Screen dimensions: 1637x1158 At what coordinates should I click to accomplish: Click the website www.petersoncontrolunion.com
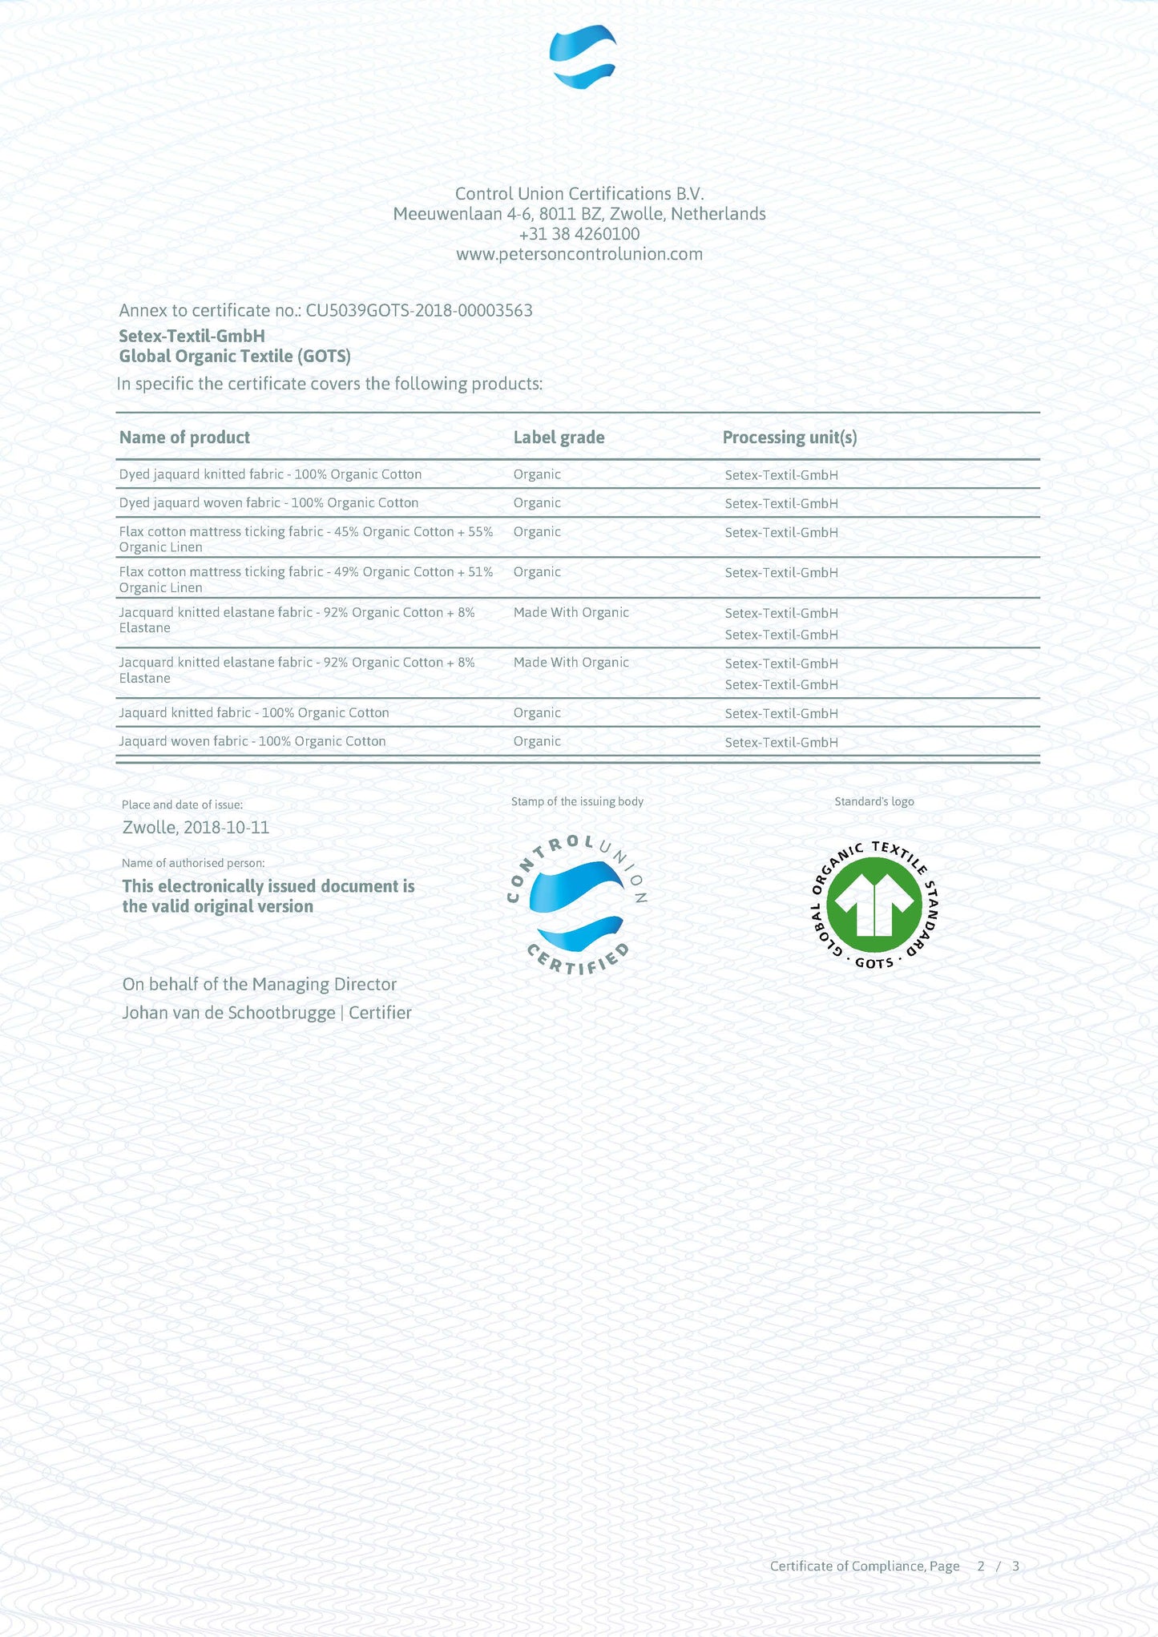tap(579, 255)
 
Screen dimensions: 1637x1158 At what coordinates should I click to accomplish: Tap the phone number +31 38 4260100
tap(579, 234)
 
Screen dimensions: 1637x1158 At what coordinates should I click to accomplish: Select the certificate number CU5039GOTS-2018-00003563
tap(418, 311)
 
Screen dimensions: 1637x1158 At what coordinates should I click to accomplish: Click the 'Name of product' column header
tap(184, 437)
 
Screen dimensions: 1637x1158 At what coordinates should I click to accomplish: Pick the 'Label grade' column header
tap(559, 437)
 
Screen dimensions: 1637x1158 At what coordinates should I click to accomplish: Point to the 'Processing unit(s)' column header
tap(789, 437)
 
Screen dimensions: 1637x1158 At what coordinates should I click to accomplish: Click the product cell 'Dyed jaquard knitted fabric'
tap(270, 474)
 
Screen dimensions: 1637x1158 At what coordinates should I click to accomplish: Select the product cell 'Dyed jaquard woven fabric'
tap(268, 503)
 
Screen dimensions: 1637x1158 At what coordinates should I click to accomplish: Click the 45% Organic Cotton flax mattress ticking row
tap(305, 539)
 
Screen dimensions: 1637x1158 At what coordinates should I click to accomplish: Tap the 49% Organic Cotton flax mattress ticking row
tap(305, 579)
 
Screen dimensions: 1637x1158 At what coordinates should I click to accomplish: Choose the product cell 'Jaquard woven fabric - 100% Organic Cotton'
tap(252, 742)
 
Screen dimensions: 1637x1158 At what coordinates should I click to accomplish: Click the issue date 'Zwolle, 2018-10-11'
tap(196, 828)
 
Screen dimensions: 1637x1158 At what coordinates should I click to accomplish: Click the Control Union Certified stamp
tap(578, 905)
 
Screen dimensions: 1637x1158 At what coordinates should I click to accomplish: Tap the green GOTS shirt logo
tap(874, 905)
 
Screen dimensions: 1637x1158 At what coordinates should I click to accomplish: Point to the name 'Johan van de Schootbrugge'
tap(228, 1013)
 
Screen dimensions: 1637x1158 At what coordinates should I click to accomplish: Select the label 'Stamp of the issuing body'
tap(577, 802)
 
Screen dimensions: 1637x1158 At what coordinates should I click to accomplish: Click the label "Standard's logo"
tap(874, 802)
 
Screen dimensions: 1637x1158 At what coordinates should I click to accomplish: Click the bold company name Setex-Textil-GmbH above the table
tap(192, 337)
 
